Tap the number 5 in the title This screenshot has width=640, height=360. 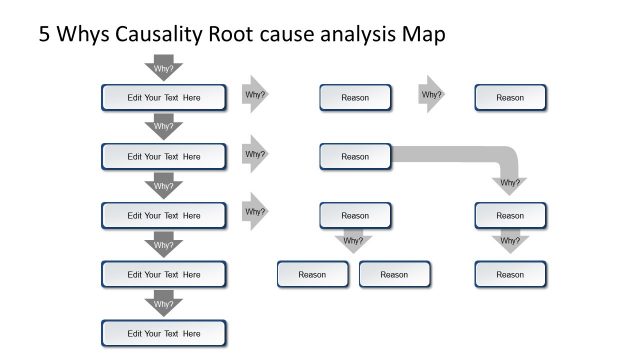point(44,34)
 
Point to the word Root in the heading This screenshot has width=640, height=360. point(233,34)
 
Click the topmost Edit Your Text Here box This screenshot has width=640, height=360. point(164,98)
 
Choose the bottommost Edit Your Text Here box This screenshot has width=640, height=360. point(164,333)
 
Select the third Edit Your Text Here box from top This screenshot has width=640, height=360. point(164,215)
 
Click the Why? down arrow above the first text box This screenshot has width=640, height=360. point(164,68)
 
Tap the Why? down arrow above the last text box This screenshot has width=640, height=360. point(164,303)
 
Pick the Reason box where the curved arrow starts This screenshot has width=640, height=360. point(355,156)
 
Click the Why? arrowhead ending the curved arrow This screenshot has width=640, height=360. point(510,183)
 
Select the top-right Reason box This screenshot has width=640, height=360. point(510,98)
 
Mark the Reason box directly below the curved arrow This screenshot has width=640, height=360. point(510,215)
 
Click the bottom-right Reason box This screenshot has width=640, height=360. point(510,274)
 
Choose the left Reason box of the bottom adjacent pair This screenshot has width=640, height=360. point(312,274)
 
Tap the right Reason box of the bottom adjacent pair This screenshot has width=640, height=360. point(394,274)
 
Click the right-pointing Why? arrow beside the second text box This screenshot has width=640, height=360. point(256,154)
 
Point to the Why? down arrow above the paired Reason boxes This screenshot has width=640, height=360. point(354,241)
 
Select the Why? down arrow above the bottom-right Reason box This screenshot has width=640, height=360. point(510,241)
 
